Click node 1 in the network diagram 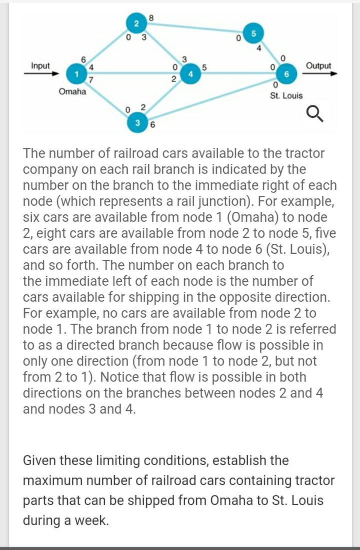coord(76,73)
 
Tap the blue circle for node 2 coord(136,23)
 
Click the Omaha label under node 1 coord(72,92)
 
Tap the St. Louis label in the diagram coord(286,95)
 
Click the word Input coord(40,66)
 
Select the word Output coord(318,66)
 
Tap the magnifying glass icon coord(314,114)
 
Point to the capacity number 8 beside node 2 coord(151,18)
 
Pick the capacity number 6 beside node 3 coord(152,125)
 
